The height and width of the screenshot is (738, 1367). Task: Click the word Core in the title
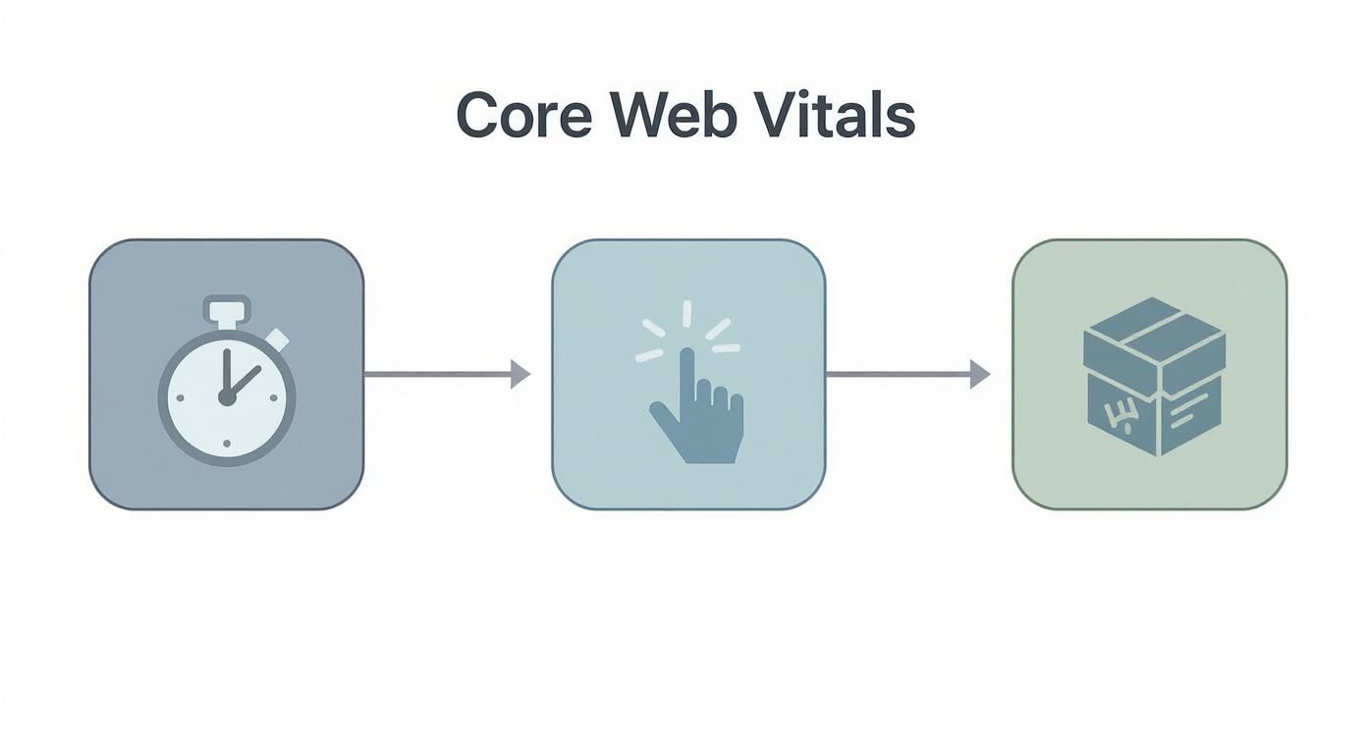pos(523,116)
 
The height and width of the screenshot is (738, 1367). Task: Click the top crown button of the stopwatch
pos(227,311)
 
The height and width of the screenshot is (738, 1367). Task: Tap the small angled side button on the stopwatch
pos(279,339)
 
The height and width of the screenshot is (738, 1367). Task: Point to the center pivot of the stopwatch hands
pos(227,397)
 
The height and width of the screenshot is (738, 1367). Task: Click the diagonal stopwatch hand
pos(246,381)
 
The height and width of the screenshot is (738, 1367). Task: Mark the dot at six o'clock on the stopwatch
pos(227,445)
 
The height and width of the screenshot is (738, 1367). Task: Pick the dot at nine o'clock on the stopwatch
pos(180,397)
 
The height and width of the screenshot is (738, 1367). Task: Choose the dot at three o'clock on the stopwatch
pos(275,397)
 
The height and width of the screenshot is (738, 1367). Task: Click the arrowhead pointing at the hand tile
pos(520,374)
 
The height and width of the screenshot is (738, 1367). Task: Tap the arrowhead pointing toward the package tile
pos(979,374)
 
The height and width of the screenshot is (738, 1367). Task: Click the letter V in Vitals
pos(775,116)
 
